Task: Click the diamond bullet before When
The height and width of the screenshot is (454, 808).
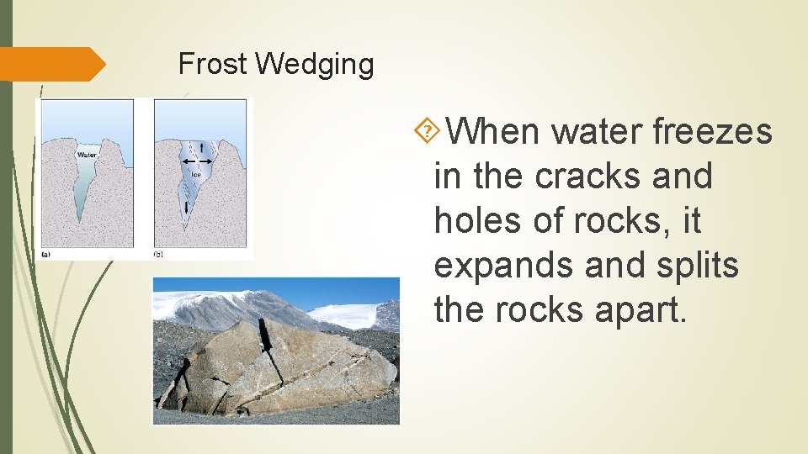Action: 428,130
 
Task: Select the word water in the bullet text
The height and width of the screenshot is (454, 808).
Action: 598,131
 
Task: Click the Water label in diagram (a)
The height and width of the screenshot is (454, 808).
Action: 88,155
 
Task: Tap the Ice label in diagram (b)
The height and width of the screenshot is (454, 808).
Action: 196,175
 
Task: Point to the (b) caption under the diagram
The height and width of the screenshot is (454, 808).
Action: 159,253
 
